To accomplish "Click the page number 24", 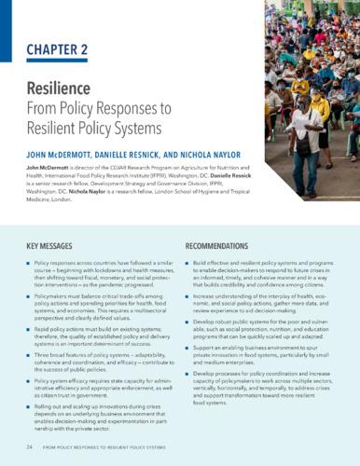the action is (x=31, y=447).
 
